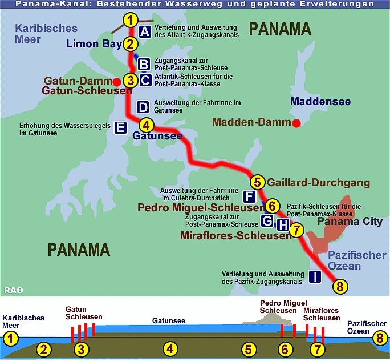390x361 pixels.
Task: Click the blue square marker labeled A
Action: pyautogui.click(x=145, y=31)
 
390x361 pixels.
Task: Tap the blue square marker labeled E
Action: pyautogui.click(x=120, y=127)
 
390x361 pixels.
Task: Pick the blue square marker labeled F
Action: pyautogui.click(x=249, y=197)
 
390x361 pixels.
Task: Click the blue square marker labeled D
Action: pyautogui.click(x=143, y=107)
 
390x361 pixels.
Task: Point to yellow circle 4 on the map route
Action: pyautogui.click(x=147, y=125)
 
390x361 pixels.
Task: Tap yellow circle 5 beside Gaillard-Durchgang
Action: pyautogui.click(x=258, y=182)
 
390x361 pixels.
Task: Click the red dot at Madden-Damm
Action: pyautogui.click(x=296, y=122)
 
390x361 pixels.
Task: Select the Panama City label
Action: pyautogui.click(x=350, y=222)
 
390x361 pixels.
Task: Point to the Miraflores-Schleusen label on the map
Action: pyautogui.click(x=235, y=235)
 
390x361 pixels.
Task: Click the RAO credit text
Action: pyautogui.click(x=13, y=290)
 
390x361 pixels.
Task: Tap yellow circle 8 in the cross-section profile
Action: pyautogui.click(x=379, y=338)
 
